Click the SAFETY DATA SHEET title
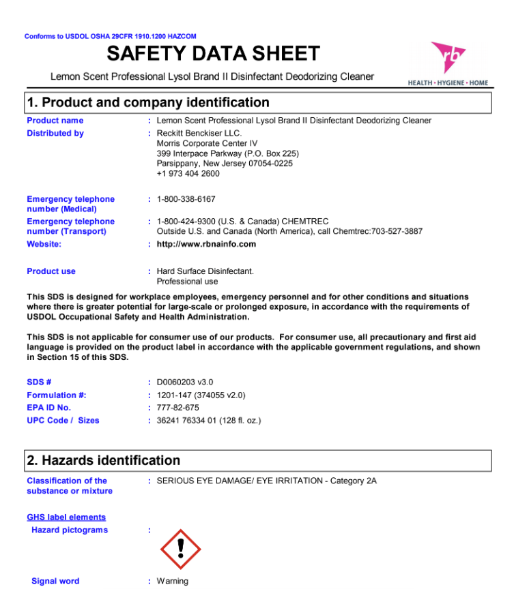coord(213,53)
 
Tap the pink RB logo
coord(448,59)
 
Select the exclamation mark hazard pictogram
coord(180,548)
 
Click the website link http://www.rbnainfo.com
coord(206,244)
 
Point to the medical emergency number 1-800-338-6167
coord(186,199)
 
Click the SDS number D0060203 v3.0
coord(185,382)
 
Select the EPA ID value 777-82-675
coord(178,408)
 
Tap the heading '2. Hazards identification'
coord(104,460)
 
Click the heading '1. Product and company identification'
coord(148,102)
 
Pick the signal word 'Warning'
coord(173,582)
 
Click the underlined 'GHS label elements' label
coord(66,517)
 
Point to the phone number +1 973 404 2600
coord(188,174)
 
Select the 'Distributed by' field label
coord(55,134)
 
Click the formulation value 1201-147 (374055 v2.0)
coord(201,395)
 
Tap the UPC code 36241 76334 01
coord(186,421)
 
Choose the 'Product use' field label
coord(51,271)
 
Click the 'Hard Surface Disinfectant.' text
coord(205,271)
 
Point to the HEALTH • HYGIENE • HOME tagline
coord(448,83)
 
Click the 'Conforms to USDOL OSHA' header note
coord(111,36)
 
